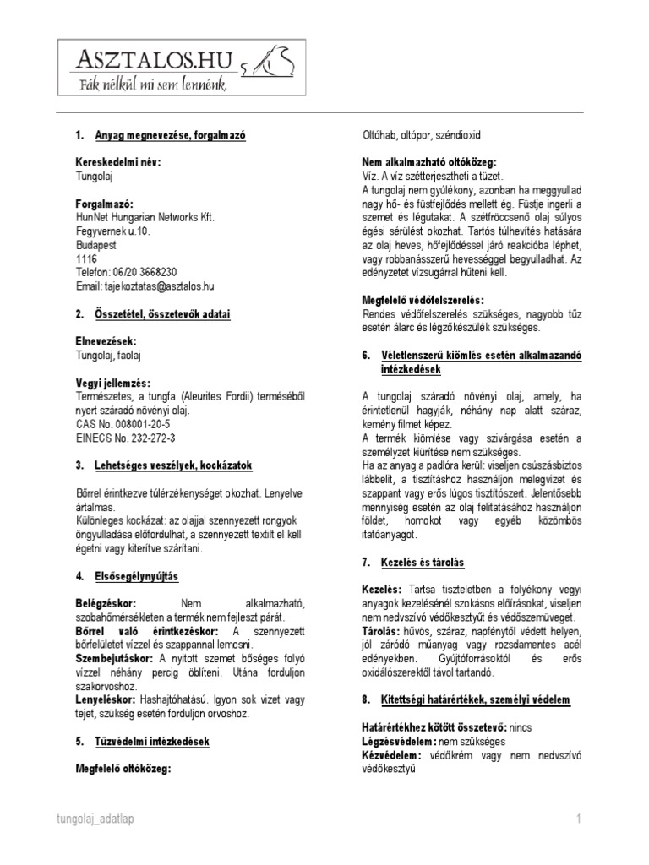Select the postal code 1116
tap(87, 258)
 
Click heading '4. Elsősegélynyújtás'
tap(127, 576)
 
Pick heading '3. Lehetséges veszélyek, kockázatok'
tap(163, 465)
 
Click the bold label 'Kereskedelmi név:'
tap(118, 162)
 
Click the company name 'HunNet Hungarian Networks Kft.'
tap(145, 217)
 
